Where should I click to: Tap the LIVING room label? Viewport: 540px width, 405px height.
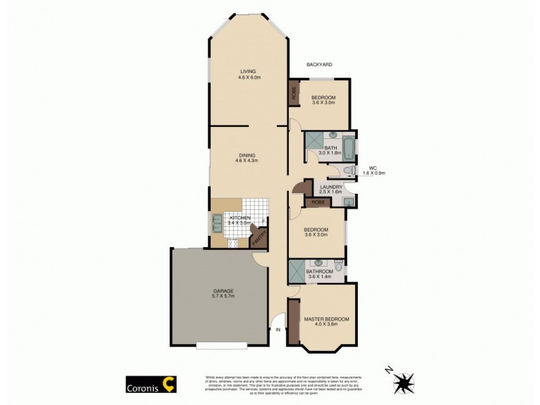tap(249, 72)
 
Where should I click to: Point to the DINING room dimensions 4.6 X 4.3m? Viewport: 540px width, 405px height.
tap(248, 161)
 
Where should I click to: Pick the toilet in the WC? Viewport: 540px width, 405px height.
tap(346, 171)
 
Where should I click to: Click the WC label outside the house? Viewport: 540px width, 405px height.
tap(373, 168)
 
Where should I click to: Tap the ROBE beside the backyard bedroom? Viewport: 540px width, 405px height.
tap(294, 93)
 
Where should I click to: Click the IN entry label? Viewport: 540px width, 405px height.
tap(277, 329)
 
